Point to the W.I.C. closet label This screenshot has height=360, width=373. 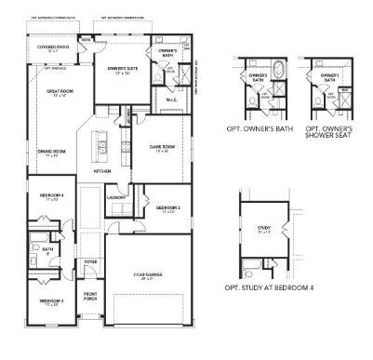173,100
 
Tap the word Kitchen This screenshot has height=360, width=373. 102,172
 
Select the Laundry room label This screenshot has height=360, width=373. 116,197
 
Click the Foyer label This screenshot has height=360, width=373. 90,261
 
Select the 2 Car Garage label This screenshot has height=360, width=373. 150,275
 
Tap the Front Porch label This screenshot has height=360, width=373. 90,298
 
